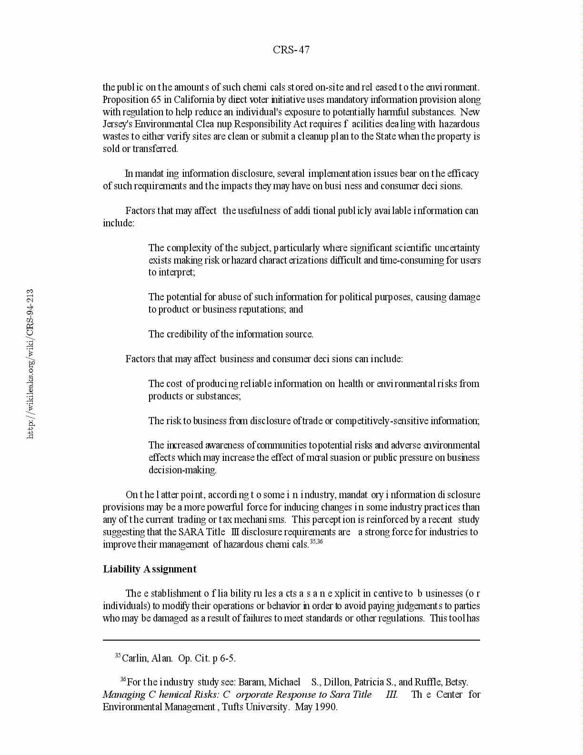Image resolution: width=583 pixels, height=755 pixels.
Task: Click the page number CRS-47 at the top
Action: pos(291,50)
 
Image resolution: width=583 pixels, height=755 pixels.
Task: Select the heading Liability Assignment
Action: pos(150,569)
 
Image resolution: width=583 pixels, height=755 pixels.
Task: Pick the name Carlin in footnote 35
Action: pos(135,659)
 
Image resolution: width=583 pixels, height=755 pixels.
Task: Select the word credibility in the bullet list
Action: pos(188,334)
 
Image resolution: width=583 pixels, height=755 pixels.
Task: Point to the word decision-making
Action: pos(182,470)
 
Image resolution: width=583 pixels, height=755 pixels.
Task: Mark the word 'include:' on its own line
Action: pos(119,223)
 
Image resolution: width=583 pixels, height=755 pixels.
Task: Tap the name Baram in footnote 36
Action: pos(250,682)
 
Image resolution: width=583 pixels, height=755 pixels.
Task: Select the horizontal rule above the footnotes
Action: pos(291,640)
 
